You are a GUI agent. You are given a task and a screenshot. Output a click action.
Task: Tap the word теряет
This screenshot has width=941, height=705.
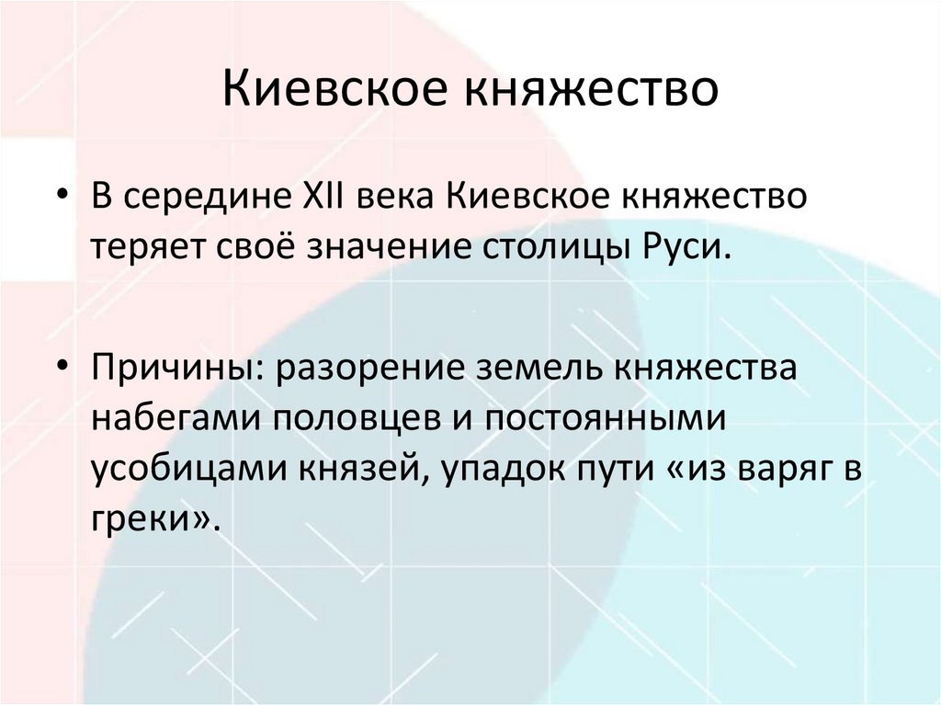tap(148, 247)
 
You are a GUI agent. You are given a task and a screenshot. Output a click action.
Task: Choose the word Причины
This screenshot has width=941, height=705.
tap(171, 368)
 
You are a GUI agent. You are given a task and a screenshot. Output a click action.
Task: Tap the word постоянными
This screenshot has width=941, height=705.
tap(608, 418)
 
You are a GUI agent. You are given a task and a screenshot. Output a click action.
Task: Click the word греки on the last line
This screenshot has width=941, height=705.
tap(139, 519)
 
